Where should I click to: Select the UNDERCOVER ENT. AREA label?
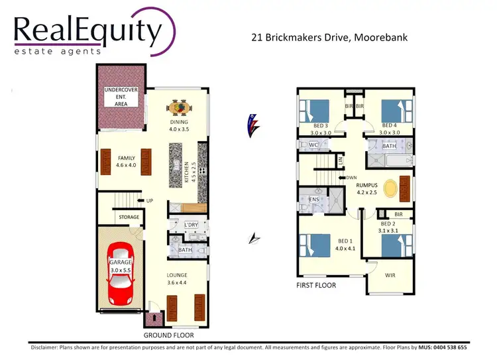coord(121,96)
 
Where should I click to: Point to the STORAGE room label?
coord(129,217)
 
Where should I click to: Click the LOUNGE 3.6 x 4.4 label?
coord(178,279)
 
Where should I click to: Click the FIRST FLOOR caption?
coord(315,286)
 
